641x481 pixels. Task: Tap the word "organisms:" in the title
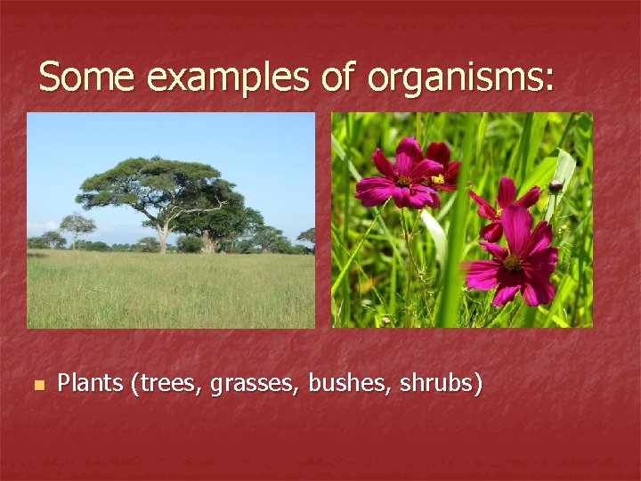pos(459,78)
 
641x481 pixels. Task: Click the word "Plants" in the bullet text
pos(90,384)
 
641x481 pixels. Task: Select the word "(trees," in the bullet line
pos(166,384)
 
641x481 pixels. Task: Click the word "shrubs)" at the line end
pos(442,384)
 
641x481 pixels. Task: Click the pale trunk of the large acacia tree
pos(163,237)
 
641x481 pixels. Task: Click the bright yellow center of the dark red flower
pos(438,179)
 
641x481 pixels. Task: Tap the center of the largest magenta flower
pos(512,262)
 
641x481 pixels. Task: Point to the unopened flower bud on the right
pos(556,187)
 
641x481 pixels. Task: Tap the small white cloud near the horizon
pos(45,227)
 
